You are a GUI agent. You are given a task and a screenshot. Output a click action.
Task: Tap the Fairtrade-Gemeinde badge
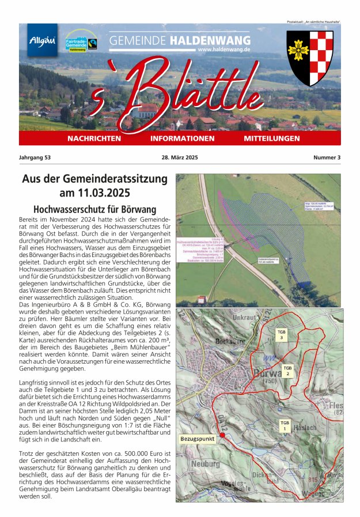pos(81,41)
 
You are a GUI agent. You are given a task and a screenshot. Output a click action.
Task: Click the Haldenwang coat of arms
pos(310,58)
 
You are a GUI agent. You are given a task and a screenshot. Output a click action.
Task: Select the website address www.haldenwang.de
pos(223,50)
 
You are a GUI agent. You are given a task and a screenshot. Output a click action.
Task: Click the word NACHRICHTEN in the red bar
pos(94,139)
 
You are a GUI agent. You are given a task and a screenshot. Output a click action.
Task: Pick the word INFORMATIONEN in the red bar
pos(182,139)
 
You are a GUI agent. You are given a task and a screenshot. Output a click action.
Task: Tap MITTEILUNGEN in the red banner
pos(272,139)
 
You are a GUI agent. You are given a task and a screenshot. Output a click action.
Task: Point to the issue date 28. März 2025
pos(180,157)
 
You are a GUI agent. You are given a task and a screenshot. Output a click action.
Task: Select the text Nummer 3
pos(327,157)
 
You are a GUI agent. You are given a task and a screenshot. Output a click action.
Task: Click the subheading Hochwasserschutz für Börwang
pos(94,209)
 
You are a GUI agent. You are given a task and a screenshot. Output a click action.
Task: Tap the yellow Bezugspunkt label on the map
pos(198,439)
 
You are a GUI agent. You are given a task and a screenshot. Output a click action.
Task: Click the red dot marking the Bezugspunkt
pos(222,435)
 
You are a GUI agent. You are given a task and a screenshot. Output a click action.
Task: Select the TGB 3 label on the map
pos(281,335)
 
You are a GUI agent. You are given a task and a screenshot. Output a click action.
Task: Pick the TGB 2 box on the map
pos(287,370)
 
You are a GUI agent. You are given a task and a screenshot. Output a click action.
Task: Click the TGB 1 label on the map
pos(285,426)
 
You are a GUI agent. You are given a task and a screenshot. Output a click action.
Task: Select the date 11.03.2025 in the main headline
pos(95,193)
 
